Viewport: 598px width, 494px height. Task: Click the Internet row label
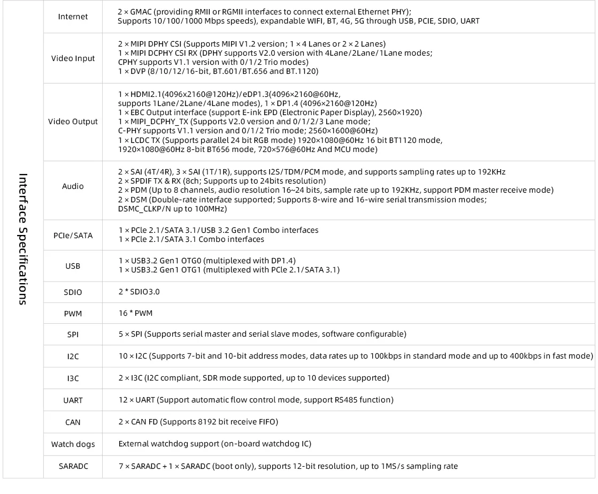coord(73,17)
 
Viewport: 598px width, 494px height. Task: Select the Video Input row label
coord(73,58)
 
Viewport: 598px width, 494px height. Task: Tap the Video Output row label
coord(73,121)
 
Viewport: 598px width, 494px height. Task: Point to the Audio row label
coord(73,186)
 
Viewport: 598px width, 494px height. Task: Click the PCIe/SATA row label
coord(73,235)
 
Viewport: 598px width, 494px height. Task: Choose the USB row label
coord(73,265)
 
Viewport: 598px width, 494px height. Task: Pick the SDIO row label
coord(73,292)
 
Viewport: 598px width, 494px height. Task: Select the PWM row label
coord(73,314)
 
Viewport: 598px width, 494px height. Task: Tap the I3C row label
coord(73,378)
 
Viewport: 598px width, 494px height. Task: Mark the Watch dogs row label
coord(73,444)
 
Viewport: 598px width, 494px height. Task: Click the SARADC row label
coord(73,466)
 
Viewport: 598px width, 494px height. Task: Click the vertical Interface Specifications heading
coord(23,239)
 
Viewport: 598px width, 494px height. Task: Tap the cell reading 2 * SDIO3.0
coord(139,292)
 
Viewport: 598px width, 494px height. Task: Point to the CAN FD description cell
coord(198,422)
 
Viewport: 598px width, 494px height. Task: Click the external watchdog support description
coord(214,444)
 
